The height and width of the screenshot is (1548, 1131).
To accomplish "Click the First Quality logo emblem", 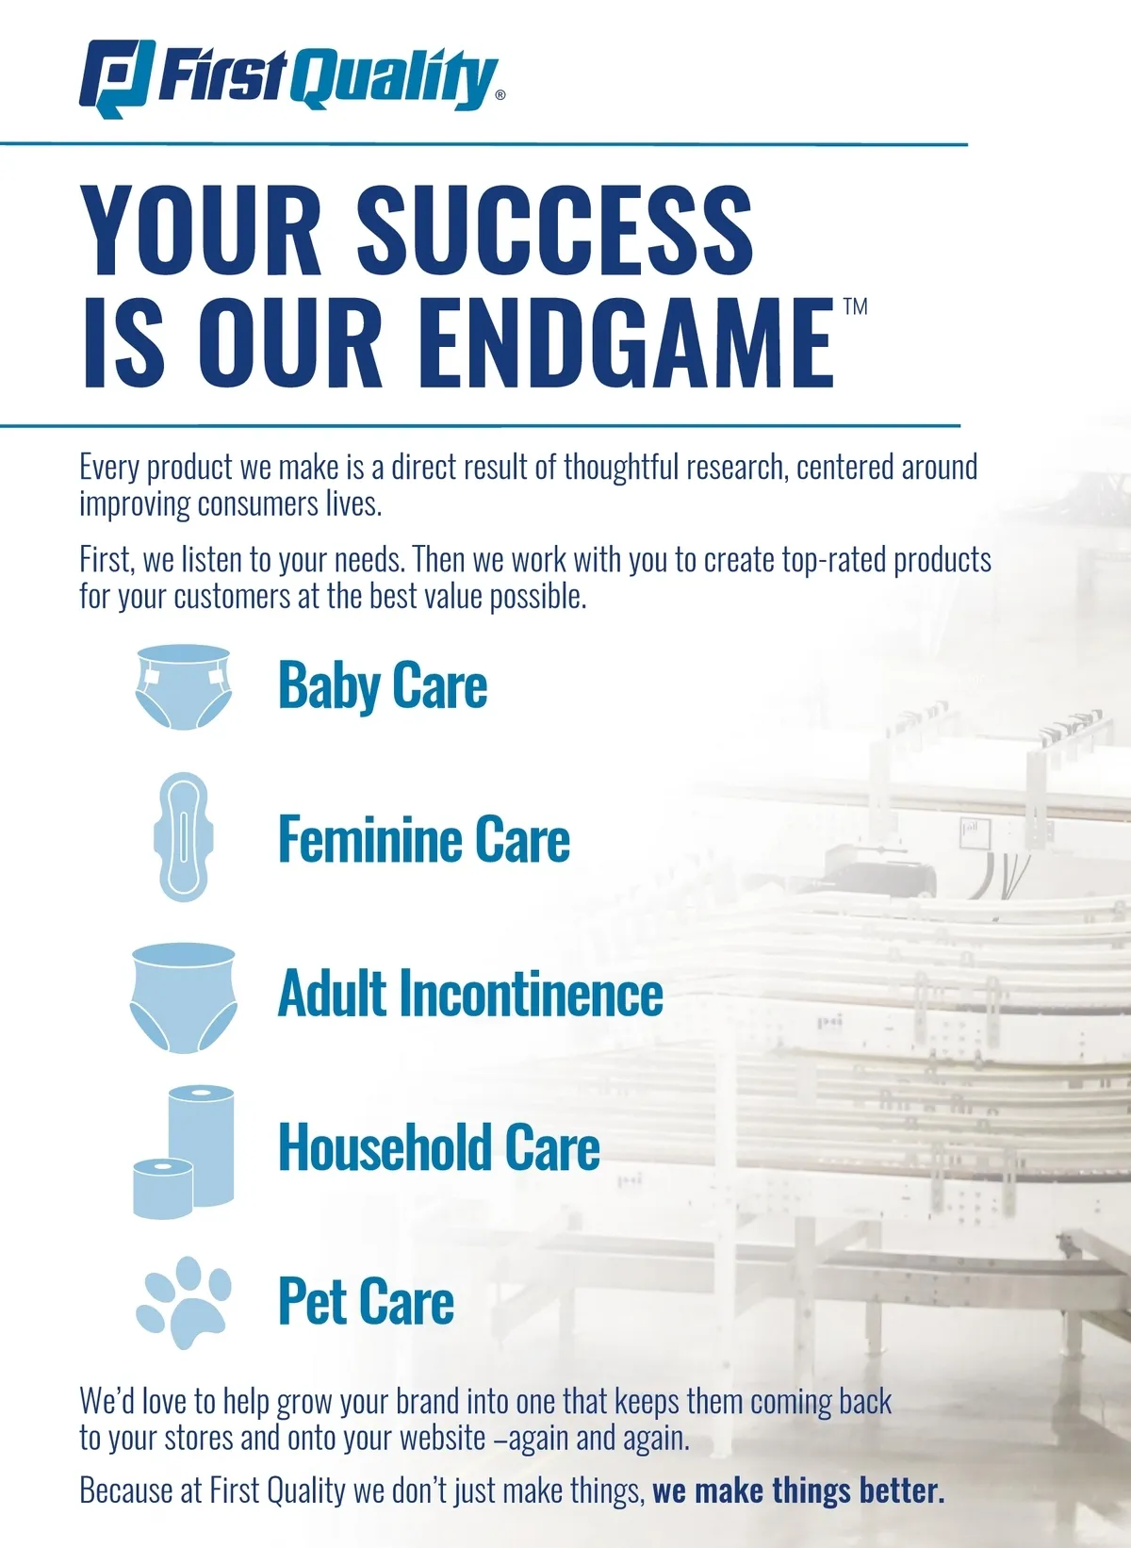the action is click(117, 78).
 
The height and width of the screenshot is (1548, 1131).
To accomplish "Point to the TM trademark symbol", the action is click(856, 306).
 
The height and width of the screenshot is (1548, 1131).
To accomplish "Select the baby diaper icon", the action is click(183, 687).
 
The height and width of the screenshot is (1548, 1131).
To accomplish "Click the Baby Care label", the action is click(383, 684).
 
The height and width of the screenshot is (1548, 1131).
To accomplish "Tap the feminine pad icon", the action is click(183, 837).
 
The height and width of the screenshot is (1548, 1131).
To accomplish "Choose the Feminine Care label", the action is click(424, 839).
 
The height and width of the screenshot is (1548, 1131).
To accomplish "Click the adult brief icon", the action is click(183, 997).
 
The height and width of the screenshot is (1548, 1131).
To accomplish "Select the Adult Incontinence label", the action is click(470, 993).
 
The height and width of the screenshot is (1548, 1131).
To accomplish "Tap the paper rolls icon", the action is click(183, 1152).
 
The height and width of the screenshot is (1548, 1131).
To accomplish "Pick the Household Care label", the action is click(439, 1147).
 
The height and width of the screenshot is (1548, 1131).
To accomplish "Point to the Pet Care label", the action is click(367, 1301).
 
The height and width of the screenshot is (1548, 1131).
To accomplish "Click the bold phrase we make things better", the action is click(798, 1490).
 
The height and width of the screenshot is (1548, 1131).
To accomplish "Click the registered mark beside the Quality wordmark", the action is click(500, 95).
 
